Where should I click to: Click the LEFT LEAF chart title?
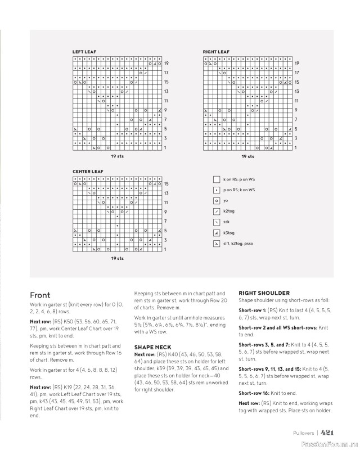point(84,52)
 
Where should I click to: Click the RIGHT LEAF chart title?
point(216,52)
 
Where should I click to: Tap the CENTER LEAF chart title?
point(88,171)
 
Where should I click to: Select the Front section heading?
point(40,295)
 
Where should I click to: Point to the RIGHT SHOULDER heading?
point(264,293)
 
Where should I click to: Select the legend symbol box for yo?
point(217,201)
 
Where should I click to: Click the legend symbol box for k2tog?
point(217,211)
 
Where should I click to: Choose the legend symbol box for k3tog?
point(217,233)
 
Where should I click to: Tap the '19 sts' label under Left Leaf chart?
point(117,156)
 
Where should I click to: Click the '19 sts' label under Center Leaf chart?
point(117,258)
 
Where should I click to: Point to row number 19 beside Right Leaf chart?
point(296,64)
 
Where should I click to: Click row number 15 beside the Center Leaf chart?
point(166,184)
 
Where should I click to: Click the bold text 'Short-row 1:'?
point(253,310)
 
